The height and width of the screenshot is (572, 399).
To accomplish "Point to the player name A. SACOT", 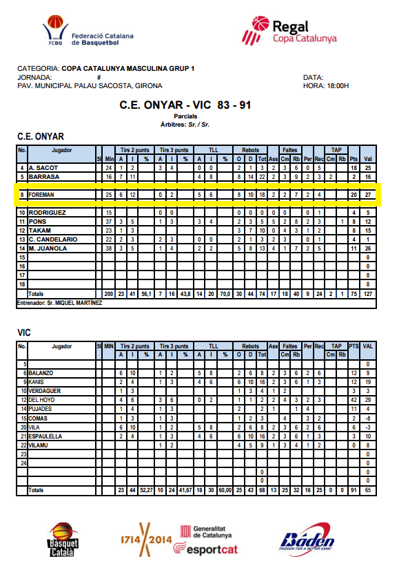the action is click(x=43, y=168).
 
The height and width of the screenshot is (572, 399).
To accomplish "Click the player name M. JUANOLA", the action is click(x=48, y=248).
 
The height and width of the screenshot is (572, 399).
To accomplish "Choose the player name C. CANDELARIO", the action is click(x=53, y=239).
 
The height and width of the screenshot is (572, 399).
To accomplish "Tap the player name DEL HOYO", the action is click(x=43, y=400).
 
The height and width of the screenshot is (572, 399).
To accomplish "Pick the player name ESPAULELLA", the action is click(x=46, y=436).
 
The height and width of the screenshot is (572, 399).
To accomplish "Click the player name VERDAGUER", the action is click(x=45, y=391).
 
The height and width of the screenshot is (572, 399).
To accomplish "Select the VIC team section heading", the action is click(x=24, y=332).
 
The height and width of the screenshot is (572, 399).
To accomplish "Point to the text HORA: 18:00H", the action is click(x=326, y=86).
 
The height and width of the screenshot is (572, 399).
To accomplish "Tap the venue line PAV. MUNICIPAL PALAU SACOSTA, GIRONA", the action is click(x=90, y=86).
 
